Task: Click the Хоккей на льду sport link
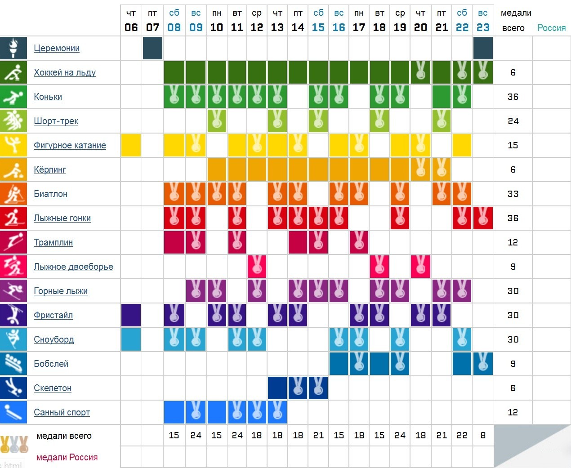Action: tap(65, 72)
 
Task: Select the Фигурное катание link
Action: tap(70, 145)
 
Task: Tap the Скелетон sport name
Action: tap(53, 388)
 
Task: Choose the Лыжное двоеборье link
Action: tap(73, 267)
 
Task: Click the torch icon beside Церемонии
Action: tap(13, 48)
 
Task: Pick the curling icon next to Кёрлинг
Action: tap(13, 169)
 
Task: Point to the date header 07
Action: tap(152, 27)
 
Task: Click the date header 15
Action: tap(318, 27)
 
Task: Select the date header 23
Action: tap(483, 27)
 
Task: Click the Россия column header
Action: tap(551, 28)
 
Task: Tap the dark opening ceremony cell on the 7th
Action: tap(152, 48)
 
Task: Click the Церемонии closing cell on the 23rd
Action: tap(483, 48)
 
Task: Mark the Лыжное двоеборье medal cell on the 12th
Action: tap(257, 267)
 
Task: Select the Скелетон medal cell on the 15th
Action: tap(318, 388)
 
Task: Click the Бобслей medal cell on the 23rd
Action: tap(483, 364)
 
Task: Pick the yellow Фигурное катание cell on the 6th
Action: tap(131, 145)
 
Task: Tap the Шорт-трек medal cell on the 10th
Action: tap(217, 121)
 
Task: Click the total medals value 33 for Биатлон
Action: tap(513, 194)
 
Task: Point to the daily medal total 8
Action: tap(483, 435)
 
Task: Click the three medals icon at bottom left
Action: tap(14, 444)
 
